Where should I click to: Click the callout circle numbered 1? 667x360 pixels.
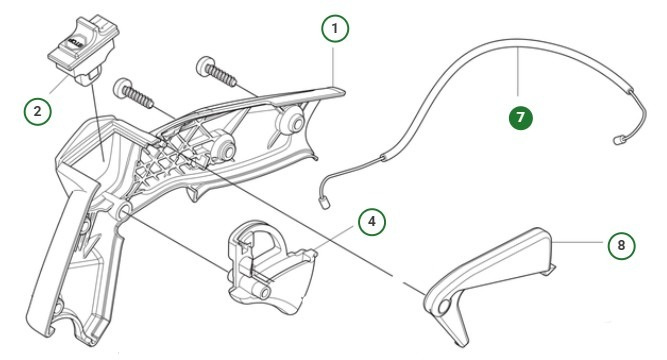point(336,29)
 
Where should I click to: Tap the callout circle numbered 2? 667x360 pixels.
point(37,111)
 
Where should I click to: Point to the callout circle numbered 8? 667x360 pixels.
point(621,243)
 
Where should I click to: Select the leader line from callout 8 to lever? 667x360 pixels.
point(580,243)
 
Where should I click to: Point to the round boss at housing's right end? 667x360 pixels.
point(293,124)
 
